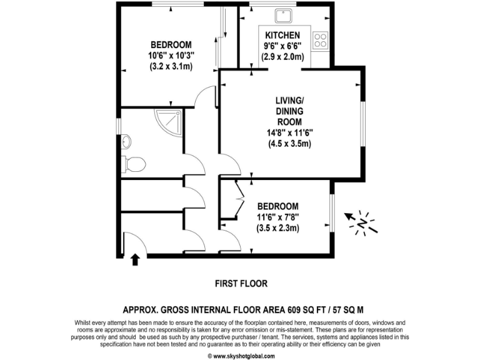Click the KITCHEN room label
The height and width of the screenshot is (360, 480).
pyautogui.click(x=282, y=35)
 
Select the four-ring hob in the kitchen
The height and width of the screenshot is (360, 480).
pyautogui.click(x=321, y=40)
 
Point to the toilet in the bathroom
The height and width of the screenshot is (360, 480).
pyautogui.click(x=134, y=164)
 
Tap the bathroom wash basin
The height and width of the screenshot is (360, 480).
pyautogui.click(x=126, y=140)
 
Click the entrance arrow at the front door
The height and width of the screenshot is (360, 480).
pyautogui.click(x=135, y=258)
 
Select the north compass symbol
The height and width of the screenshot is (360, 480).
pyautogui.click(x=363, y=221)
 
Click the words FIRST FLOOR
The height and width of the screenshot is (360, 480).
pyautogui.click(x=241, y=283)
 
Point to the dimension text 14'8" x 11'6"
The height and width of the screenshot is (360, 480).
pyautogui.click(x=289, y=132)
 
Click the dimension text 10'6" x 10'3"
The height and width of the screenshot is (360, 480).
pyautogui.click(x=171, y=55)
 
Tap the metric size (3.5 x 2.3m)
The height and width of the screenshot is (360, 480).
pyautogui.click(x=278, y=228)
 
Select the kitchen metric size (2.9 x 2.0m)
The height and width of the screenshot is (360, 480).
pyautogui.click(x=282, y=56)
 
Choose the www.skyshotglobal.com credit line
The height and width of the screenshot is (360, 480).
pyautogui.click(x=241, y=356)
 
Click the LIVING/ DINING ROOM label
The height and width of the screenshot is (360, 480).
pyautogui.click(x=289, y=111)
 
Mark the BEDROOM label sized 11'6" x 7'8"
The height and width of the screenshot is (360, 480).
pyautogui.click(x=278, y=206)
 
